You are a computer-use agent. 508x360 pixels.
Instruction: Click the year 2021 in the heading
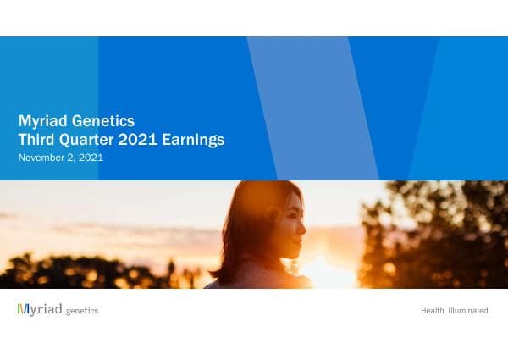146,140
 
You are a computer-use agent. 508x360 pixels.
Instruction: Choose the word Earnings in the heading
197,140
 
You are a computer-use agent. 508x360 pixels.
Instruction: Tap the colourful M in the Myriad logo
23,310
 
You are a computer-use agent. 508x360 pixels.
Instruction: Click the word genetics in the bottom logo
82,311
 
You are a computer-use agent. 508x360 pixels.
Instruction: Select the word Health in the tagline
433,311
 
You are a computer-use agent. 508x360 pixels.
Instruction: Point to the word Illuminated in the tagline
470,311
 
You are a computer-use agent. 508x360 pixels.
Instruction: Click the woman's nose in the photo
302,226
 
